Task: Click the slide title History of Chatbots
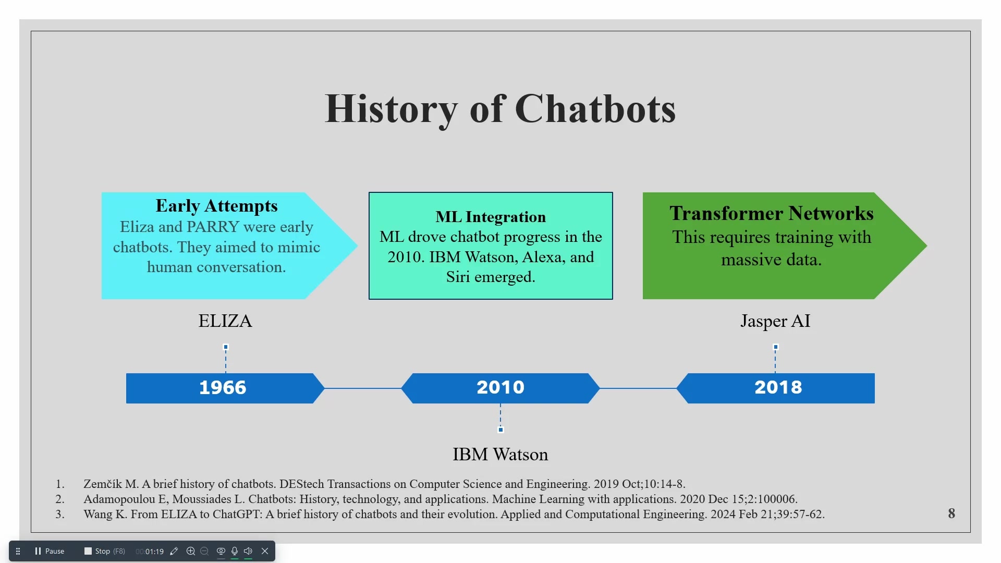[500, 109]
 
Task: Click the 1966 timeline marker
[225, 388]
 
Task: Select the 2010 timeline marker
[500, 388]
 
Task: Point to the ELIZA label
[225, 321]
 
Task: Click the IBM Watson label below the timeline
[500, 454]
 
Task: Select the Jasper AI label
[775, 321]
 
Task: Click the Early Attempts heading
[216, 206]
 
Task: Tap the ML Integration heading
[491, 217]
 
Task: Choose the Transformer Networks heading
[772, 213]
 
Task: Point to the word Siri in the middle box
[458, 277]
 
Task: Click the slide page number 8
[951, 513]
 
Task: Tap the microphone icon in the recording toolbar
[235, 551]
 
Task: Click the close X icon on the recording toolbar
[265, 551]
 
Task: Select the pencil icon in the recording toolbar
[174, 551]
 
